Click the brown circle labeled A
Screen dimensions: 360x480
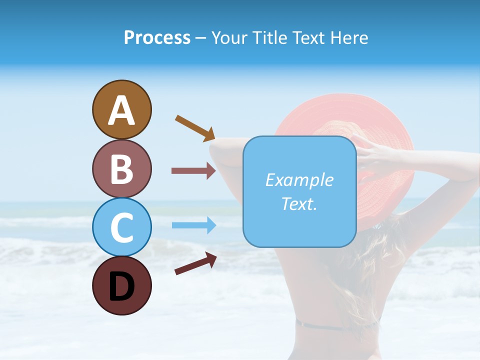[x=121, y=109]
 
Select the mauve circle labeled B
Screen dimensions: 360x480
[x=121, y=168]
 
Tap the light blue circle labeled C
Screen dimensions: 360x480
[x=121, y=227]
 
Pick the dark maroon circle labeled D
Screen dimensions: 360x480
[x=121, y=285]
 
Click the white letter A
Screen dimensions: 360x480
[x=121, y=110]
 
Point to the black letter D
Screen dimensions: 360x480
[x=121, y=287]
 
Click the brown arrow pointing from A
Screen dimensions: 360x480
[x=195, y=127]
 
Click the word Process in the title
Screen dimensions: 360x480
[x=157, y=37]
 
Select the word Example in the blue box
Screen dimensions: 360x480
[x=299, y=180]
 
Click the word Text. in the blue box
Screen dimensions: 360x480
[x=299, y=203]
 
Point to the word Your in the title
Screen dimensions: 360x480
[x=229, y=37]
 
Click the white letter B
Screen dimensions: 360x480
[x=121, y=169]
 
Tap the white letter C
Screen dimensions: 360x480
[x=121, y=228]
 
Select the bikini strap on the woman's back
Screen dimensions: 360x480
[x=335, y=326]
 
